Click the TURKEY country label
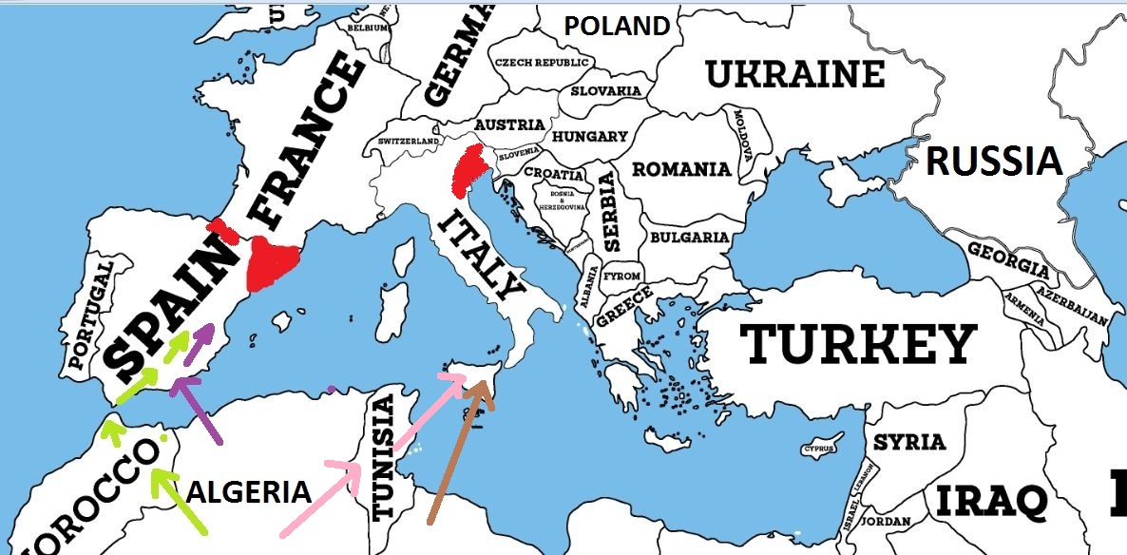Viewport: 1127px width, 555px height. point(858,343)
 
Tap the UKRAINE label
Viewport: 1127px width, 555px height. point(794,74)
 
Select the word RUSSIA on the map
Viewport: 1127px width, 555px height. point(993,162)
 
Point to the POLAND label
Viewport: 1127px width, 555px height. point(617,26)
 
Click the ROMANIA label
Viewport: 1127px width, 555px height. point(681,170)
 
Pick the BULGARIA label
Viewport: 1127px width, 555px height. point(690,238)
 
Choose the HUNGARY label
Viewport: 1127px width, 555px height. point(589,137)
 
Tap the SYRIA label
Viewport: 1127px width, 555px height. point(909,442)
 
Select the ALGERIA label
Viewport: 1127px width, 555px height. point(249,492)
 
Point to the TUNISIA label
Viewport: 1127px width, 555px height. point(383,458)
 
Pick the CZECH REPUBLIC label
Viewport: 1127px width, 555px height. point(542,63)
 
